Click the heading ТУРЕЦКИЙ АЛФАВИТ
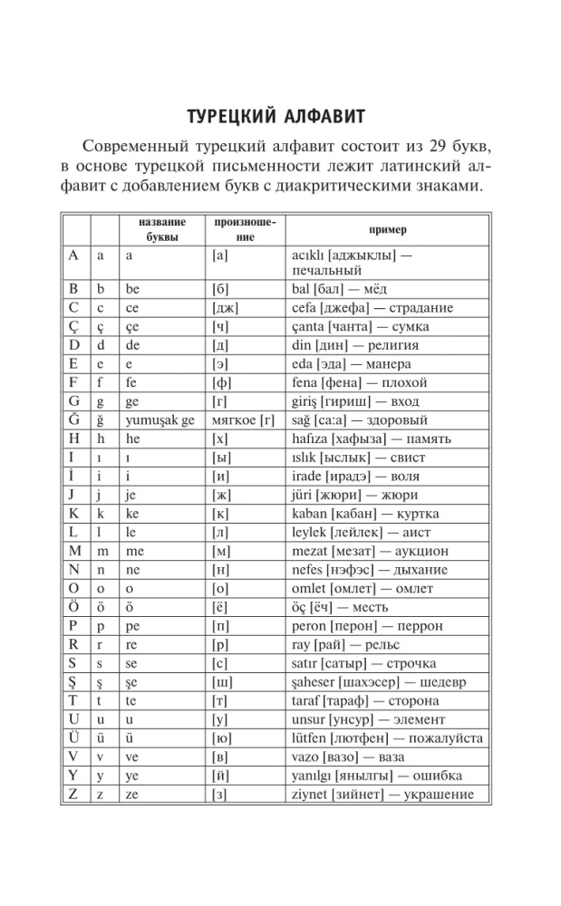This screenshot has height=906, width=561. point(276,119)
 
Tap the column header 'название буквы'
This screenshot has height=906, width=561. point(162,231)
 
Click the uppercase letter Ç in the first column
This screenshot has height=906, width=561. point(74,327)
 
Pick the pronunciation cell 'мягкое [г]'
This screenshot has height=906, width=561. point(242,420)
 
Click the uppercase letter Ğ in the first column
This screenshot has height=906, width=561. point(74,420)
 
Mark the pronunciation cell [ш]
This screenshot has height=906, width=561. point(221,682)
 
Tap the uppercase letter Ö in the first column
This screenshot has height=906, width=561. point(74,608)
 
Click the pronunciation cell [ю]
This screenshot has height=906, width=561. point(221,738)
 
